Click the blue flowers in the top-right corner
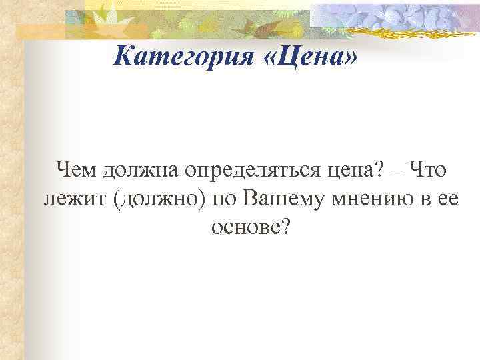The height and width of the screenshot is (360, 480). tap(400, 16)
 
